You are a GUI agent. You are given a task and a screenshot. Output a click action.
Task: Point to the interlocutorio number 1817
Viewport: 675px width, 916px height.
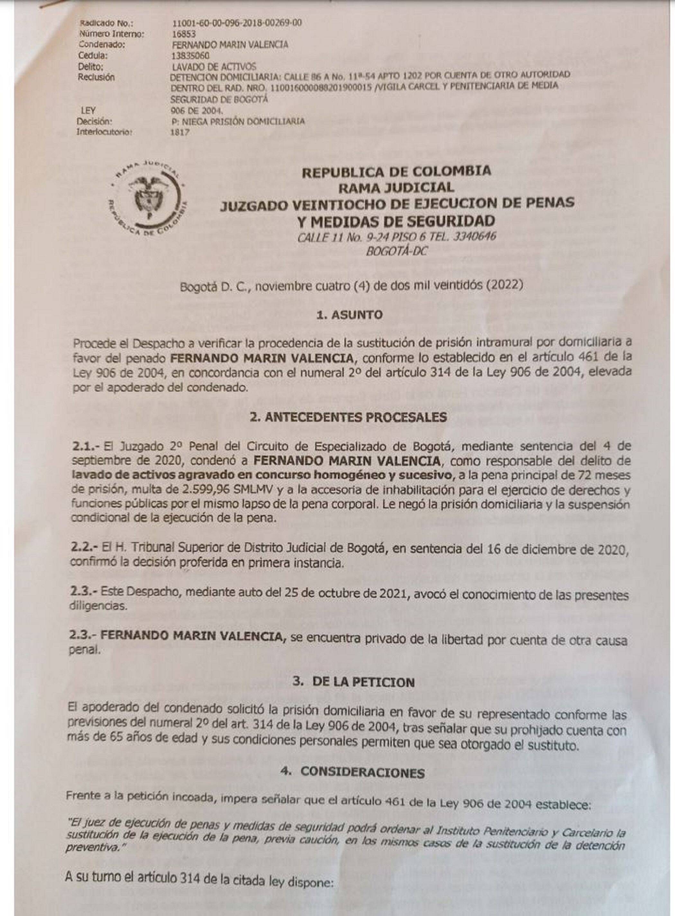(180, 132)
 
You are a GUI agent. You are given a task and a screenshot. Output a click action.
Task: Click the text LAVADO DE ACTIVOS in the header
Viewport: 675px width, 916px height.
(214, 67)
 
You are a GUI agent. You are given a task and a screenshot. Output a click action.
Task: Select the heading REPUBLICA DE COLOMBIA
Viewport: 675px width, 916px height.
(396, 171)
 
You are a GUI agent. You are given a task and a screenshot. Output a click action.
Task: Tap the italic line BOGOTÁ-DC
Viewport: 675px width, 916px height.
(396, 251)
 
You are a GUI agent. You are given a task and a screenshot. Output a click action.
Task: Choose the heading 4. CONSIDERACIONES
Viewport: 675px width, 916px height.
(352, 773)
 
